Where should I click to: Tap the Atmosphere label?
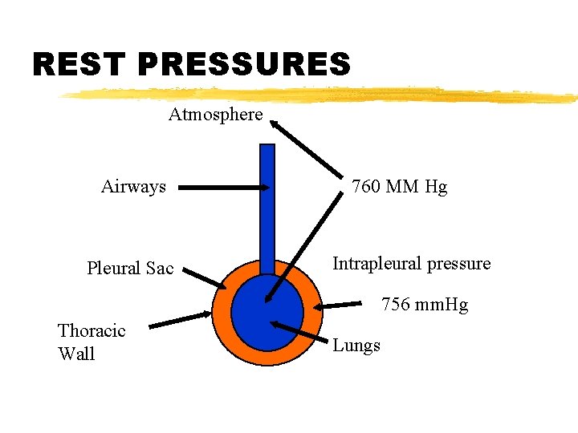click(215, 115)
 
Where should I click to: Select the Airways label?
click(133, 188)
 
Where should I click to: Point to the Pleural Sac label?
click(130, 269)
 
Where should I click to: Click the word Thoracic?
click(92, 331)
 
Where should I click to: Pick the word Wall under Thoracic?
click(76, 354)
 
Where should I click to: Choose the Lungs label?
click(356, 346)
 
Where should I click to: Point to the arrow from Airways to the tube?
click(224, 188)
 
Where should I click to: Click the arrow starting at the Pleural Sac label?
click(202, 276)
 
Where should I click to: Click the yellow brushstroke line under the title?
click(321, 95)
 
